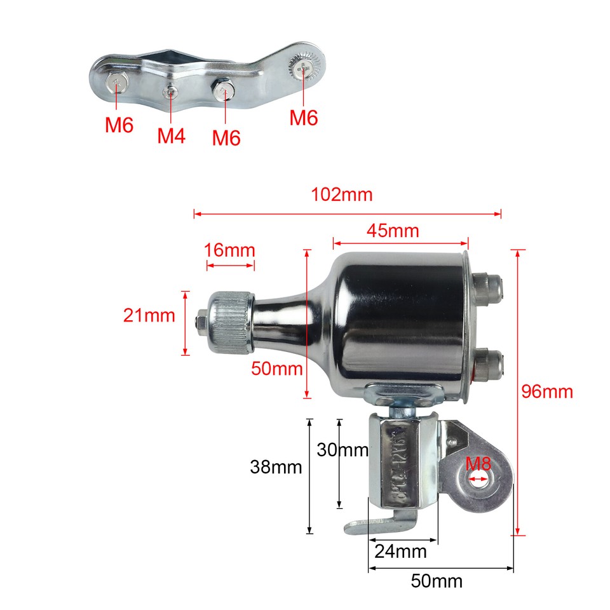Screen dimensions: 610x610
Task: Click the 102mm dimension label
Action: pyautogui.click(x=341, y=194)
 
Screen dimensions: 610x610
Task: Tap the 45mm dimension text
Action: pyautogui.click(x=393, y=231)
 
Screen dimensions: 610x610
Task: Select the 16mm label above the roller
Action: pyautogui.click(x=229, y=250)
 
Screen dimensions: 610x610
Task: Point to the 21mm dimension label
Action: pyautogui.click(x=149, y=315)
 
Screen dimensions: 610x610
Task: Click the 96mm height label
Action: pyautogui.click(x=547, y=391)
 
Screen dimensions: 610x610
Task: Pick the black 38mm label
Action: pyautogui.click(x=275, y=468)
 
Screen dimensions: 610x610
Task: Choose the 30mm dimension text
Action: pyautogui.click(x=342, y=450)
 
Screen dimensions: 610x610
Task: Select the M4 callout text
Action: pyautogui.click(x=172, y=135)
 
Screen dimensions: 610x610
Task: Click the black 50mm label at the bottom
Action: pyautogui.click(x=436, y=581)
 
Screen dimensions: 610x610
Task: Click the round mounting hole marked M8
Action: pyautogui.click(x=480, y=481)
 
